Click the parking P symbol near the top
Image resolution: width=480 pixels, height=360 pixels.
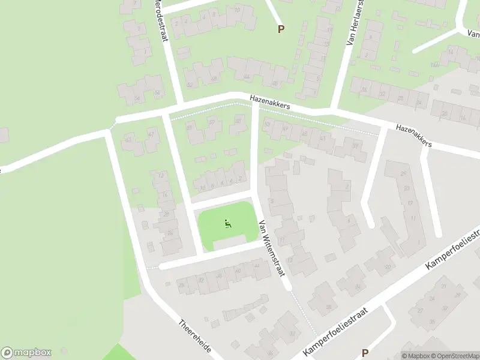(x=280, y=28)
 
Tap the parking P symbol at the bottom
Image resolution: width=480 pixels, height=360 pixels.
(x=365, y=353)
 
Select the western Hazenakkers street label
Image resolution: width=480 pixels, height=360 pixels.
(x=270, y=103)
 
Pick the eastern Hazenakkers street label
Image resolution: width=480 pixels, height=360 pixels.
(x=414, y=136)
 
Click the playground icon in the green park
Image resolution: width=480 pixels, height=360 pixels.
(x=227, y=224)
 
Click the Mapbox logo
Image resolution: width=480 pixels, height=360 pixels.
(x=26, y=352)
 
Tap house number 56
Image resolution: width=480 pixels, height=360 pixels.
(x=157, y=92)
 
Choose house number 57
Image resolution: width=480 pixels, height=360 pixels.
(x=212, y=122)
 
